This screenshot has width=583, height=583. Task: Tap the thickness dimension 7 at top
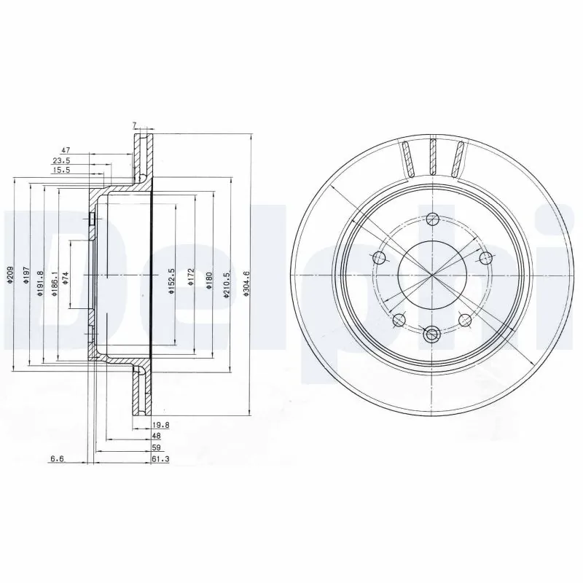click(x=135, y=125)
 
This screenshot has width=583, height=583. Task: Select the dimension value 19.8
click(x=161, y=424)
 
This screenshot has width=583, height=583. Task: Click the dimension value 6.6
click(x=57, y=458)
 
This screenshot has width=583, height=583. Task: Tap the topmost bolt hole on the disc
click(x=433, y=218)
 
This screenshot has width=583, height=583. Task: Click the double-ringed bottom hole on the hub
click(x=431, y=334)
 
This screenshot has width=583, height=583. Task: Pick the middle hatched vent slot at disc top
click(x=434, y=156)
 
